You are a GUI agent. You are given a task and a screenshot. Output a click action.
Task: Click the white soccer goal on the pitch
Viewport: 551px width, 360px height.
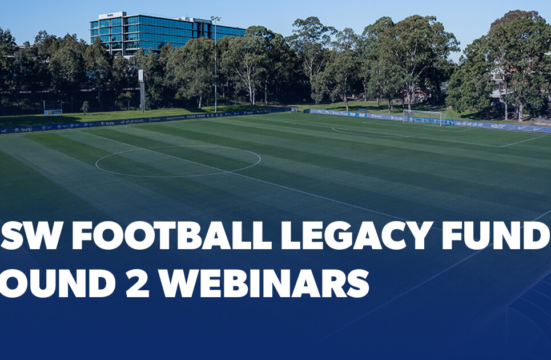423,117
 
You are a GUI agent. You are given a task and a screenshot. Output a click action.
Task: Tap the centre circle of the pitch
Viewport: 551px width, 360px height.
178,161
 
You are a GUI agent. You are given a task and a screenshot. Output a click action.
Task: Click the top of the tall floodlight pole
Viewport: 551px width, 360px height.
215,19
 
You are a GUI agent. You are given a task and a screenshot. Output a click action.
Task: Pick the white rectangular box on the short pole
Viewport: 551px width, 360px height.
140,76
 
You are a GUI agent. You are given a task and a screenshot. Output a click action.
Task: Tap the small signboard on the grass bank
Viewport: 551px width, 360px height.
53,112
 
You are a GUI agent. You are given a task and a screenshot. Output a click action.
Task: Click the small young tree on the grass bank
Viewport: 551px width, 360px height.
85,106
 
